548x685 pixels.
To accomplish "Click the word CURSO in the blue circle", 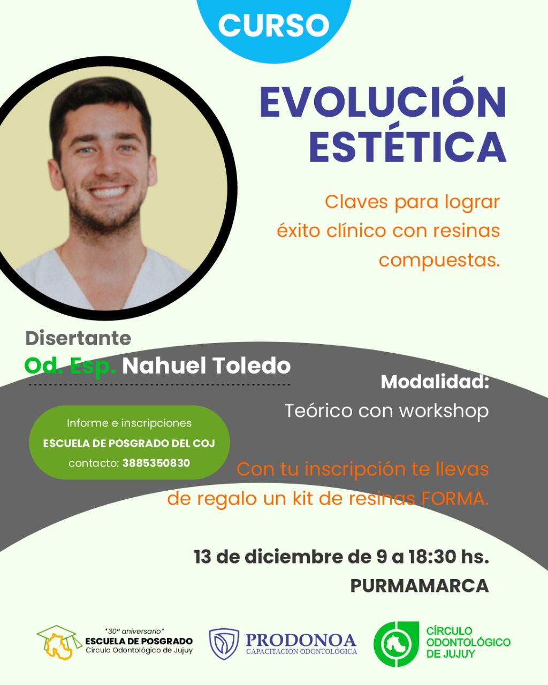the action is pyautogui.click(x=273, y=26).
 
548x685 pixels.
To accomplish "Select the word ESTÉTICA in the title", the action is pyautogui.click(x=408, y=147).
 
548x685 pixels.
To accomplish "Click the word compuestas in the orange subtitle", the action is pyautogui.click(x=439, y=260).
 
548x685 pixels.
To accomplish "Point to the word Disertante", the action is pyautogui.click(x=78, y=338).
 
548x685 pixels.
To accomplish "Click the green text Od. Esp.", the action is pyautogui.click(x=70, y=366).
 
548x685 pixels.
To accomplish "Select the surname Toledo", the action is pyautogui.click(x=252, y=366).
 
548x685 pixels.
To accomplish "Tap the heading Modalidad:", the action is pyautogui.click(x=435, y=382).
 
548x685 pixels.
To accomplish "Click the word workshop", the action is pyautogui.click(x=444, y=410).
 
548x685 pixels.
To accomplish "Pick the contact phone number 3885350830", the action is pyautogui.click(x=156, y=463).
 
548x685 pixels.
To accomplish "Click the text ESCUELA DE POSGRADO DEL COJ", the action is pyautogui.click(x=129, y=443).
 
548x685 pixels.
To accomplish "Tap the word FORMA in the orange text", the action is pyautogui.click(x=455, y=499).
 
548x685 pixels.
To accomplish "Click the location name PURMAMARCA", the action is pyautogui.click(x=420, y=586).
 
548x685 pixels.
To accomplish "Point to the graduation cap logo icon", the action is pyautogui.click(x=59, y=642).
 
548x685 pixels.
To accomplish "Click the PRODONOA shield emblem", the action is pyautogui.click(x=224, y=644).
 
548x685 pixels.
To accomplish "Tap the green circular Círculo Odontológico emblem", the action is pyautogui.click(x=396, y=644).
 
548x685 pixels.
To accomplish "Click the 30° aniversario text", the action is pyautogui.click(x=134, y=631).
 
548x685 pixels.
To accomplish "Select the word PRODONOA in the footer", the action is pyautogui.click(x=301, y=640).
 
